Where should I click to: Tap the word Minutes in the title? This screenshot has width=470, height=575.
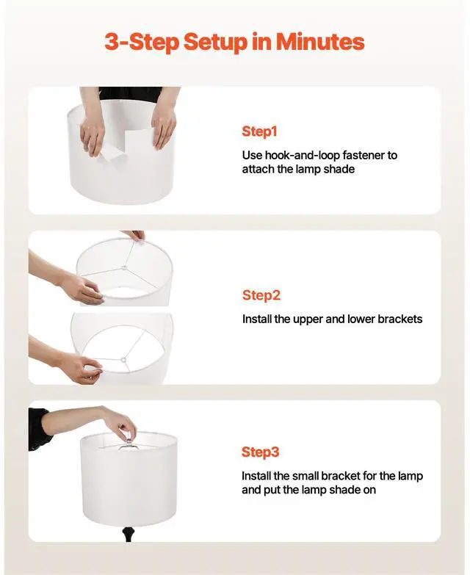click(320, 42)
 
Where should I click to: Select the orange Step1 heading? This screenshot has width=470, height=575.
click(259, 131)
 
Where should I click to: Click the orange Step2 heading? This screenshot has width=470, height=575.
click(261, 295)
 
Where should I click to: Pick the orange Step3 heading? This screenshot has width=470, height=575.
click(261, 452)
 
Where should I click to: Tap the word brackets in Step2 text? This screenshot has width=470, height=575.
click(397, 319)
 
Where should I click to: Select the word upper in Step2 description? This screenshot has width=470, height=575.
click(308, 319)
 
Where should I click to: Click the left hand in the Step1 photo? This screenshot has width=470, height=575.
click(93, 133)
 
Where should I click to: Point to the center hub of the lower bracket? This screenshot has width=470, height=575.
click(125, 360)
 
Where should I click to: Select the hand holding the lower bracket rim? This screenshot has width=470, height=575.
click(81, 365)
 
